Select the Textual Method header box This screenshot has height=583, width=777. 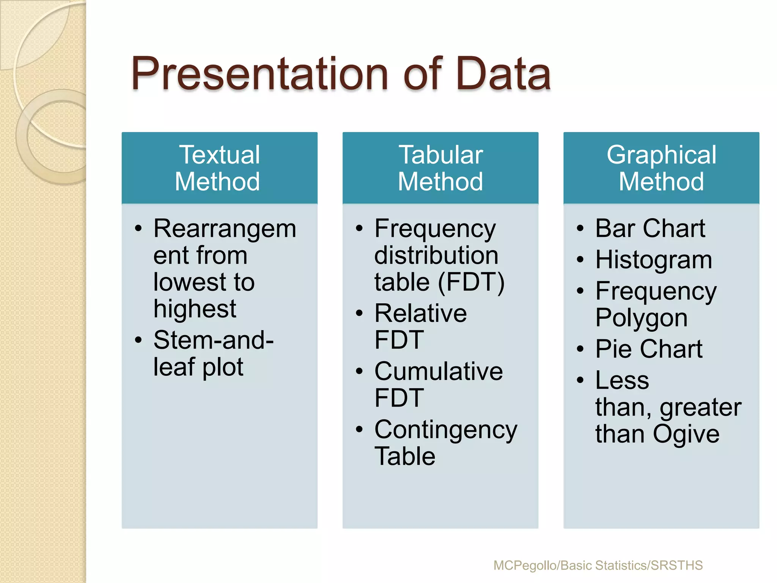pyautogui.click(x=219, y=168)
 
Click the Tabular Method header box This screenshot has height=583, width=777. pyautogui.click(x=440, y=168)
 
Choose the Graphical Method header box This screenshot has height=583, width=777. pyautogui.click(x=661, y=168)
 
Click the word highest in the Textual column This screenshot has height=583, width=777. pyautogui.click(x=195, y=309)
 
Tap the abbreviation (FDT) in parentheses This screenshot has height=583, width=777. pyautogui.click(x=471, y=282)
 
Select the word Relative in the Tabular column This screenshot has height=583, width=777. pyautogui.click(x=420, y=314)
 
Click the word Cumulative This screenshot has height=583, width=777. pyautogui.click(x=439, y=371)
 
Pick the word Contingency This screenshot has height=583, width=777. pyautogui.click(x=446, y=430)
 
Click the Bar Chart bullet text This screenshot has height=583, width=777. pyautogui.click(x=650, y=228)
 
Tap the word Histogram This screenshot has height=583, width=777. pyautogui.click(x=654, y=260)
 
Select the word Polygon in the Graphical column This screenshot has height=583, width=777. pyautogui.click(x=641, y=318)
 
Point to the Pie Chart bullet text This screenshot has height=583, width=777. pyautogui.click(x=649, y=349)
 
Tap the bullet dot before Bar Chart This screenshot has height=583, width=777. pyautogui.click(x=580, y=229)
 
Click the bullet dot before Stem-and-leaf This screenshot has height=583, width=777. pyautogui.click(x=138, y=340)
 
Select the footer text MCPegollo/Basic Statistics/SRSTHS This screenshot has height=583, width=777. pyautogui.click(x=598, y=565)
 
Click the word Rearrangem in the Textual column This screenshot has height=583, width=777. pyautogui.click(x=225, y=229)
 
